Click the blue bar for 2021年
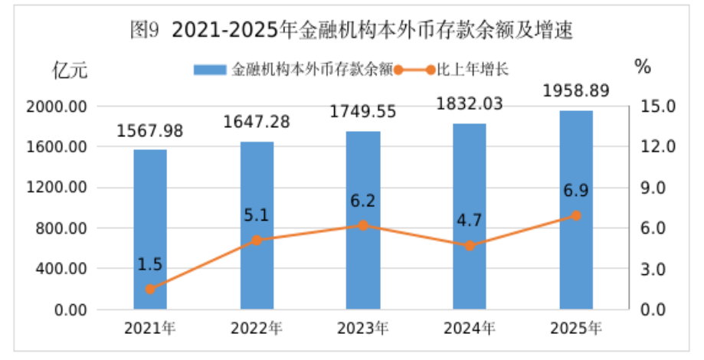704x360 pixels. (150, 230)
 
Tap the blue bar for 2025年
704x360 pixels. (576, 210)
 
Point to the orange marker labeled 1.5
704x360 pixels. (150, 289)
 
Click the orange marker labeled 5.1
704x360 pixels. (257, 240)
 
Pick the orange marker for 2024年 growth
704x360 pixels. (470, 246)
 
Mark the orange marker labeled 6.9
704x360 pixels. (576, 216)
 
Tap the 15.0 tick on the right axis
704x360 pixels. (658, 106)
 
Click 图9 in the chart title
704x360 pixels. (144, 31)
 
